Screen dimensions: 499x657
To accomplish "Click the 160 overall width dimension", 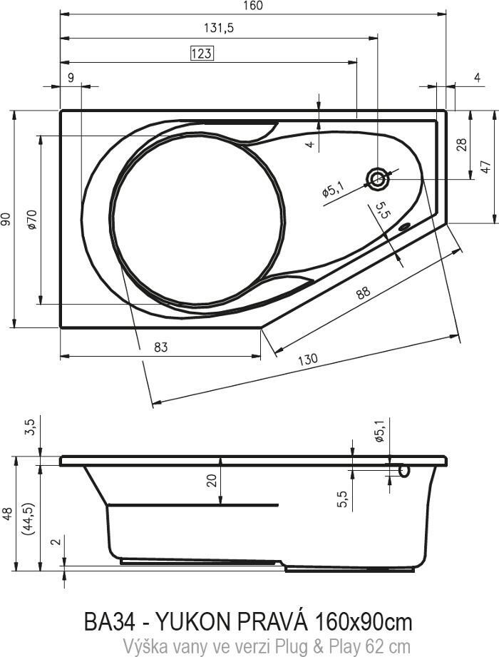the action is click(252, 6).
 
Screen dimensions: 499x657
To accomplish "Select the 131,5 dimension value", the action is click(219, 28).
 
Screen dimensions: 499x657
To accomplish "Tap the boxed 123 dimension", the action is click(202, 54).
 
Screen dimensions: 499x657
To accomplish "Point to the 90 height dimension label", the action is click(6, 219).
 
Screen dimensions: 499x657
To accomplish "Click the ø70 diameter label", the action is click(32, 219).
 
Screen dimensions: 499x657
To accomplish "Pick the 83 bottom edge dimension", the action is click(161, 347).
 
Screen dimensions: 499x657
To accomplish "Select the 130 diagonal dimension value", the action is click(308, 360).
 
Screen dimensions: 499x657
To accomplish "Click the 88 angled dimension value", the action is click(363, 292).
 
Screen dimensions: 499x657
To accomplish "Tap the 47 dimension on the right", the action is click(485, 167).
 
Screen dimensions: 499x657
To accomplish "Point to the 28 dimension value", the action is click(462, 145).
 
